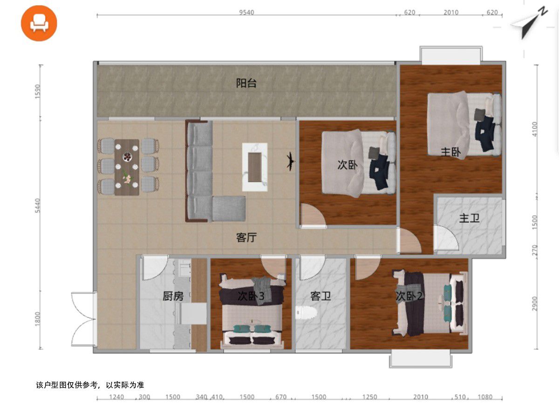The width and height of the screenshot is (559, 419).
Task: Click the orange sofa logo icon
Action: (x=39, y=23)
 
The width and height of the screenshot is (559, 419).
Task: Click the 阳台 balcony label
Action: (x=246, y=83)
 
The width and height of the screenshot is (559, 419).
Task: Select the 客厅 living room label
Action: (x=246, y=237)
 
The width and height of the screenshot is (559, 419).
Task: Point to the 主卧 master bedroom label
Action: (x=451, y=152)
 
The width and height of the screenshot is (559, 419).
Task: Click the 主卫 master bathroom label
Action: (x=469, y=218)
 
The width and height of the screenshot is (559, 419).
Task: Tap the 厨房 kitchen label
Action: (x=173, y=296)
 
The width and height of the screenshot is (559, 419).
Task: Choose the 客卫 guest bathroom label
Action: (x=320, y=296)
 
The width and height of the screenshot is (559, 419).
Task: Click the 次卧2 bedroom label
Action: (x=409, y=296)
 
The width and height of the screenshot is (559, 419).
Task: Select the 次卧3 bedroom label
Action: (x=251, y=296)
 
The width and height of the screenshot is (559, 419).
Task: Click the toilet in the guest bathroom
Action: (x=306, y=313)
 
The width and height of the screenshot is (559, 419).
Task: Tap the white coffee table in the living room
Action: (x=255, y=167)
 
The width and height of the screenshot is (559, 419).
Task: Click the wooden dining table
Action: (x=127, y=167)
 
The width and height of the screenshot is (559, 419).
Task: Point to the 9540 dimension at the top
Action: (x=246, y=12)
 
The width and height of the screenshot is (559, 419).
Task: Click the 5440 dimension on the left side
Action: (x=37, y=206)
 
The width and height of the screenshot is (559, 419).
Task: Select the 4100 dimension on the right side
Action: (x=535, y=129)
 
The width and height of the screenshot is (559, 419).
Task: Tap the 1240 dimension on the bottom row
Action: (x=116, y=397)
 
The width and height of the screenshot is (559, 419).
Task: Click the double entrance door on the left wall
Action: (x=83, y=319)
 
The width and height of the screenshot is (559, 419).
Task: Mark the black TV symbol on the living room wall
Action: (x=291, y=161)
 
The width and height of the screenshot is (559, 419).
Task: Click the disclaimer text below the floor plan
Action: (x=90, y=385)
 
